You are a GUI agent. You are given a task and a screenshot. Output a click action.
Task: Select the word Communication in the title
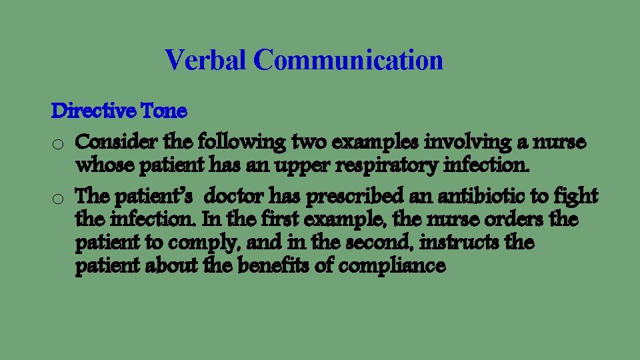348,60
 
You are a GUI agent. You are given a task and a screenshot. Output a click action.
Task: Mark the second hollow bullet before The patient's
59,198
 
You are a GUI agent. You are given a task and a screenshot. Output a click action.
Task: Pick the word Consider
110,142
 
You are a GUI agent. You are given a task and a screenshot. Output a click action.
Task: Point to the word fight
578,197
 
